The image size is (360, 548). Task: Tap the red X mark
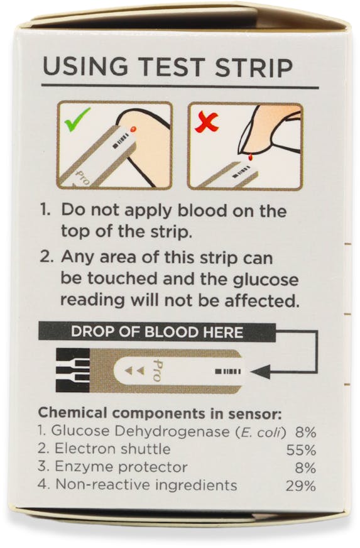tap(207, 123)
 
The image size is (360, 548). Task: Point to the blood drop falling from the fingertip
tap(250, 158)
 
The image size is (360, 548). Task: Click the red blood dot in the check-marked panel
tap(133, 129)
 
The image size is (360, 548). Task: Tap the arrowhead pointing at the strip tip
tap(260, 371)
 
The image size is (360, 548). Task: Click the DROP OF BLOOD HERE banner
tap(157, 332)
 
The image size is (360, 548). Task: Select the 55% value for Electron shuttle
tap(301, 450)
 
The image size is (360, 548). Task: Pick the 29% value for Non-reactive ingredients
tap(301, 486)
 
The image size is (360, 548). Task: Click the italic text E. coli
tap(261, 432)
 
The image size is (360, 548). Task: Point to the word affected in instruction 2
tap(262, 300)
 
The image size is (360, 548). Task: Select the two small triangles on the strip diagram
tap(134, 370)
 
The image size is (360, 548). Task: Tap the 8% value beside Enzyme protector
tap(305, 468)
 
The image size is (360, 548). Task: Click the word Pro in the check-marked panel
tap(83, 178)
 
